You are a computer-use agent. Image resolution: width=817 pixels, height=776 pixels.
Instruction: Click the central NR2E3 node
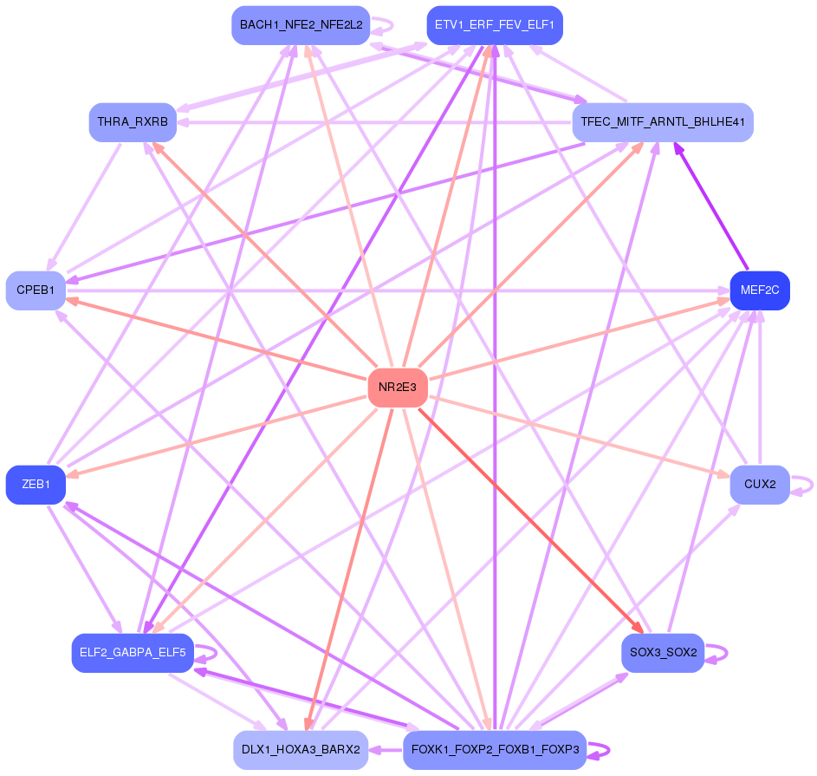pyautogui.click(x=398, y=388)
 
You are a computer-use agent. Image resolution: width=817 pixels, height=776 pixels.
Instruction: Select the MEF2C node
pyautogui.click(x=760, y=290)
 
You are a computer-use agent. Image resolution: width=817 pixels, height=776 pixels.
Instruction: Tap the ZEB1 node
pyautogui.click(x=36, y=485)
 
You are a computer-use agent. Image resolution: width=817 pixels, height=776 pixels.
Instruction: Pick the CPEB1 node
pyautogui.click(x=36, y=290)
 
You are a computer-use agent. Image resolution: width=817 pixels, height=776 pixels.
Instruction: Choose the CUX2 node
pyautogui.click(x=760, y=485)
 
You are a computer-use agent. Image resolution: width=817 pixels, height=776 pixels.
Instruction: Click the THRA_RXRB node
pyautogui.click(x=133, y=122)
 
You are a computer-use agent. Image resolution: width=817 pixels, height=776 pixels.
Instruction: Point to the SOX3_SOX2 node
pyautogui.click(x=663, y=652)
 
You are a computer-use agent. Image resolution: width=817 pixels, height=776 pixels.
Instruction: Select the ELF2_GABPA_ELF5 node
pyautogui.click(x=133, y=652)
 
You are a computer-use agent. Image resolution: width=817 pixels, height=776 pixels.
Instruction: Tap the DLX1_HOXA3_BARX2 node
pyautogui.click(x=301, y=750)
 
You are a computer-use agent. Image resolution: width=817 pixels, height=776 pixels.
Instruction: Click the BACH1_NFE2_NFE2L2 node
pyautogui.click(x=301, y=25)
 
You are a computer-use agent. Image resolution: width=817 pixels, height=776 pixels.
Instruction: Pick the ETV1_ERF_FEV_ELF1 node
pyautogui.click(x=495, y=25)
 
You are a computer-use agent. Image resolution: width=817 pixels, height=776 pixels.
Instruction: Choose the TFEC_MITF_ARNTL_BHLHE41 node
pyautogui.click(x=663, y=122)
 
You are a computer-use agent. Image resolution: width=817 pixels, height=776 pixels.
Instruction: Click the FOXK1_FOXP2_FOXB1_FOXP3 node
pyautogui.click(x=495, y=750)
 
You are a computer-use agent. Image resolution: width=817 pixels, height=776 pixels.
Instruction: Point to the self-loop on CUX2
pyautogui.click(x=802, y=485)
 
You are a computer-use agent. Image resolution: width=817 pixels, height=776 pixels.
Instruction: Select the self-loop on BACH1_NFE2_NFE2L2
pyautogui.click(x=382, y=25)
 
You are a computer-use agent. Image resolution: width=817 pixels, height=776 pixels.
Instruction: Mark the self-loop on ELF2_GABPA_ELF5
pyautogui.click(x=206, y=653)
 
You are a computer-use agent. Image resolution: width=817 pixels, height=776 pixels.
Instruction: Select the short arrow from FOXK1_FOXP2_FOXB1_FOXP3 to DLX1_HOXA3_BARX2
pyautogui.click(x=386, y=750)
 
